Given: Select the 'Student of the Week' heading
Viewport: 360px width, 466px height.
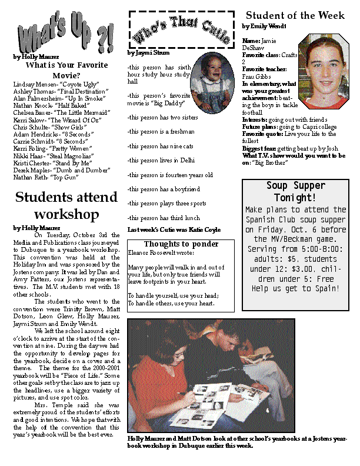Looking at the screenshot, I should (295, 16).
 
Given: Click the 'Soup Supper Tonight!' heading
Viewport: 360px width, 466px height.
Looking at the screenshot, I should (295, 192).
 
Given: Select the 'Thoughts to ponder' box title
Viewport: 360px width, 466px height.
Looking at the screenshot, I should (181, 244).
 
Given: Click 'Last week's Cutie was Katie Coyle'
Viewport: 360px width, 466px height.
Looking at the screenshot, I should (174, 230).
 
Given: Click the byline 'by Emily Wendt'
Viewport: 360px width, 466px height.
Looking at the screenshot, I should (263, 26).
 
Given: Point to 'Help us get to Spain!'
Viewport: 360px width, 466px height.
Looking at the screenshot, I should (295, 288).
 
